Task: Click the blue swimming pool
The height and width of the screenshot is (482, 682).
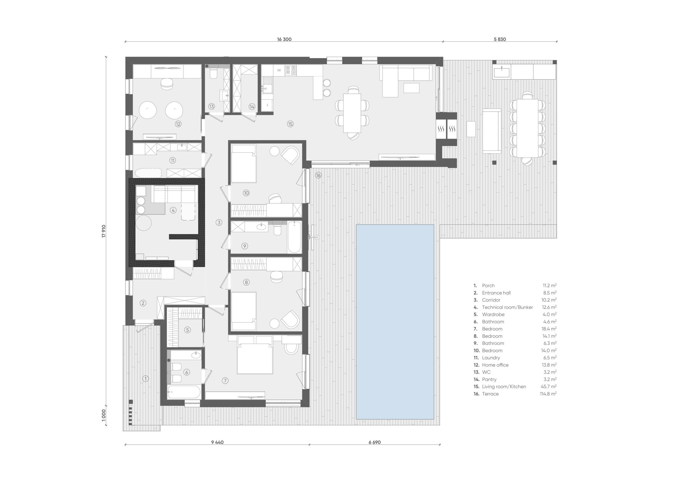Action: pos(395,322)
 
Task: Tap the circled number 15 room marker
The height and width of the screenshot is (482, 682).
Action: pos(290,124)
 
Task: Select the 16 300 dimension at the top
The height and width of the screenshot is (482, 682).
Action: pos(284,39)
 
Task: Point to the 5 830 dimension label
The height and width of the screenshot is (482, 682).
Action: pos(500,39)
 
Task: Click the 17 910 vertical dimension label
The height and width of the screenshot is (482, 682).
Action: pos(104,231)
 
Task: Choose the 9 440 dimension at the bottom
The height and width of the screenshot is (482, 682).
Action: pos(217,451)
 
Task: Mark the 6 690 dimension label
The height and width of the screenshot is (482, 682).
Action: pos(375,451)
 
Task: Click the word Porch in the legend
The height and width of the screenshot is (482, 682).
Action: pos(488,286)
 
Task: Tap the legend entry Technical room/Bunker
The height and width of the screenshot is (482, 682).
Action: pos(507,307)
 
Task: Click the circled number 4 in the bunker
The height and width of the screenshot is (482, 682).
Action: pos(173,210)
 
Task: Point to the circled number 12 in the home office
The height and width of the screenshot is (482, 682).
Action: pos(178,124)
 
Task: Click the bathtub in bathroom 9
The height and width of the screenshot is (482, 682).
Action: pos(294,237)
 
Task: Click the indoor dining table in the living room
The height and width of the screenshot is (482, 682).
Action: pos(352,113)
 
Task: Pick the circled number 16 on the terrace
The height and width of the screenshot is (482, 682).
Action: pos(318,175)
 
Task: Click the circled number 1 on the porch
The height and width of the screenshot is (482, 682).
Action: pos(145,379)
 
